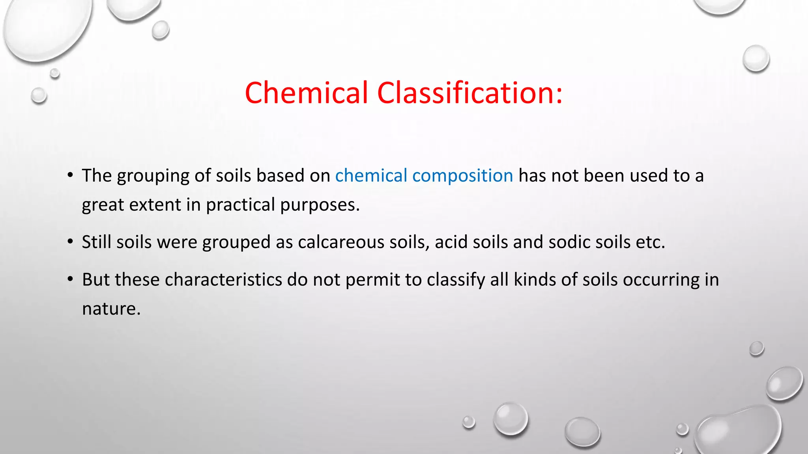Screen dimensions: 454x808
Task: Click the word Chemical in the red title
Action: point(306,93)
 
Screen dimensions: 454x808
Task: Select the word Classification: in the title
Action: point(469,93)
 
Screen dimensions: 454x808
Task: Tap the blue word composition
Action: point(462,176)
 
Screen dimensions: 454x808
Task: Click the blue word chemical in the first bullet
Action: point(371,176)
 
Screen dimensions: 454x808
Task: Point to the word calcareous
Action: point(341,242)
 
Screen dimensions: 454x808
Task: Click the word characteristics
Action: point(223,280)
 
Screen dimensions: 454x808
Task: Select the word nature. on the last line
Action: point(111,309)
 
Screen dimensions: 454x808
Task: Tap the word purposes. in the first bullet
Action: point(320,205)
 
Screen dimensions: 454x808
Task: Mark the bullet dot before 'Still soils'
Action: point(70,241)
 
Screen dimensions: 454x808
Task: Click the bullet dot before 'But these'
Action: point(70,279)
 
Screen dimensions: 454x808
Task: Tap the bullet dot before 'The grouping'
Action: point(70,175)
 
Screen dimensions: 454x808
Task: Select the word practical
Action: point(240,205)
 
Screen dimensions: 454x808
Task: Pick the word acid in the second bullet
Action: point(451,242)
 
